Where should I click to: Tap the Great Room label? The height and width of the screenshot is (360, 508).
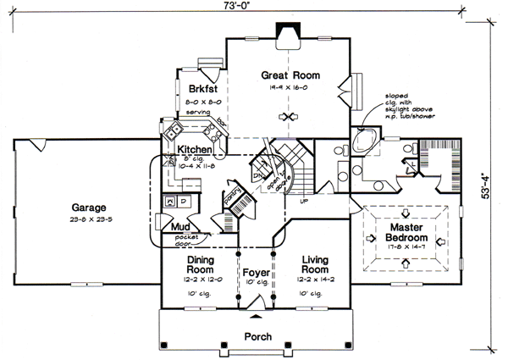(291, 75)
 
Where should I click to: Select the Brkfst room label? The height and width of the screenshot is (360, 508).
(196, 88)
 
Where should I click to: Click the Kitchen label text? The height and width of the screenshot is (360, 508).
(194, 150)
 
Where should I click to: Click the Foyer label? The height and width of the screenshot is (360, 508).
(256, 274)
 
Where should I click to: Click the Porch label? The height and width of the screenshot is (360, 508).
(257, 336)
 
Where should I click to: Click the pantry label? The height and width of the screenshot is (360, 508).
(231, 197)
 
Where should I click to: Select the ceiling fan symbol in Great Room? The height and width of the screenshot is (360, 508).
(290, 117)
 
